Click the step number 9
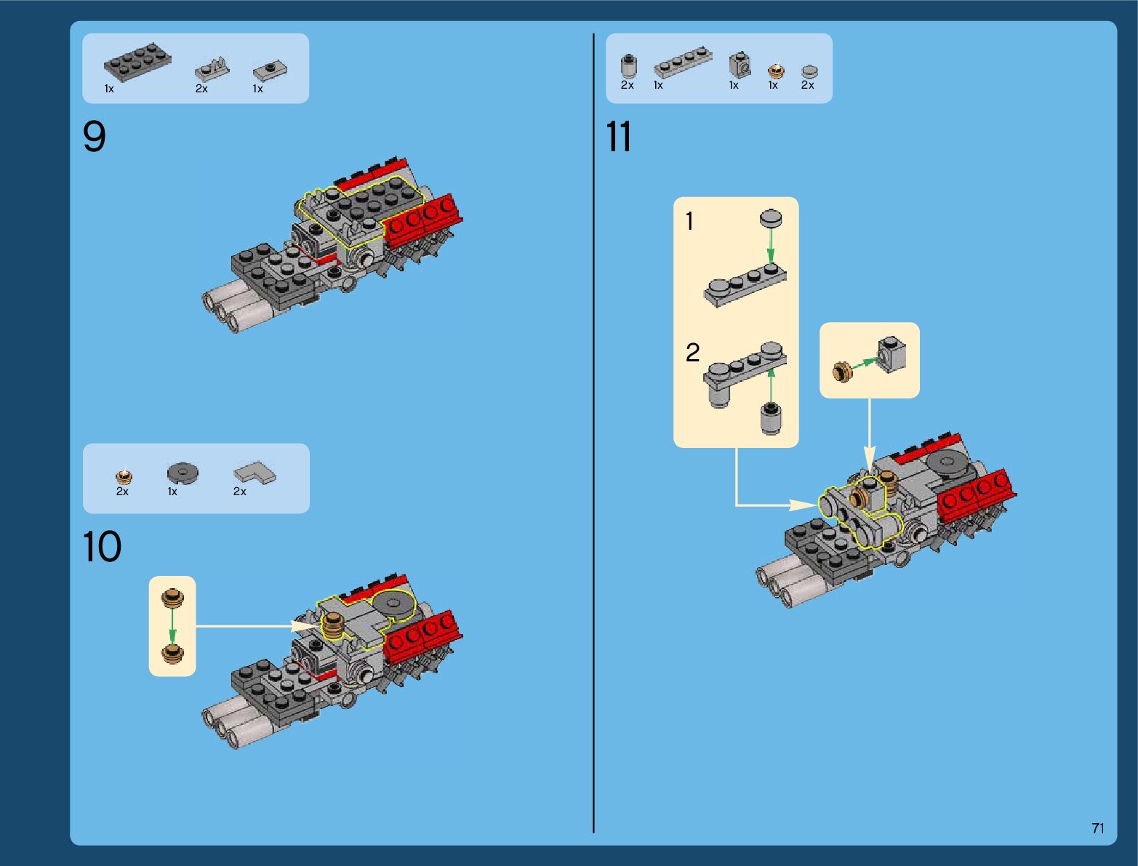click(x=94, y=136)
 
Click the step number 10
click(x=102, y=546)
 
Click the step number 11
click(x=619, y=136)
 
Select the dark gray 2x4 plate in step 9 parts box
click(x=137, y=63)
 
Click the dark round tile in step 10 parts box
click(x=183, y=473)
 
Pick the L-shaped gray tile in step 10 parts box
click(x=255, y=472)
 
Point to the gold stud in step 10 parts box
click(x=124, y=476)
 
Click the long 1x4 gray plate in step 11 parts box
click(x=683, y=63)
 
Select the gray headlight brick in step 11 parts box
click(x=740, y=65)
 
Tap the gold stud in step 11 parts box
click(x=776, y=71)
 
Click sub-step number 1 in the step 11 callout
click(x=689, y=221)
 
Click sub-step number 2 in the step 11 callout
click(x=693, y=353)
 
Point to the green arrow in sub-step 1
click(x=770, y=246)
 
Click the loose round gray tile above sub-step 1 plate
click(x=771, y=219)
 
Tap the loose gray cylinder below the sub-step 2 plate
click(x=771, y=419)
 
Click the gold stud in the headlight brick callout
click(x=843, y=372)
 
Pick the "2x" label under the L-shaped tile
click(x=239, y=492)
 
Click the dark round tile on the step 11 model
click(x=947, y=462)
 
